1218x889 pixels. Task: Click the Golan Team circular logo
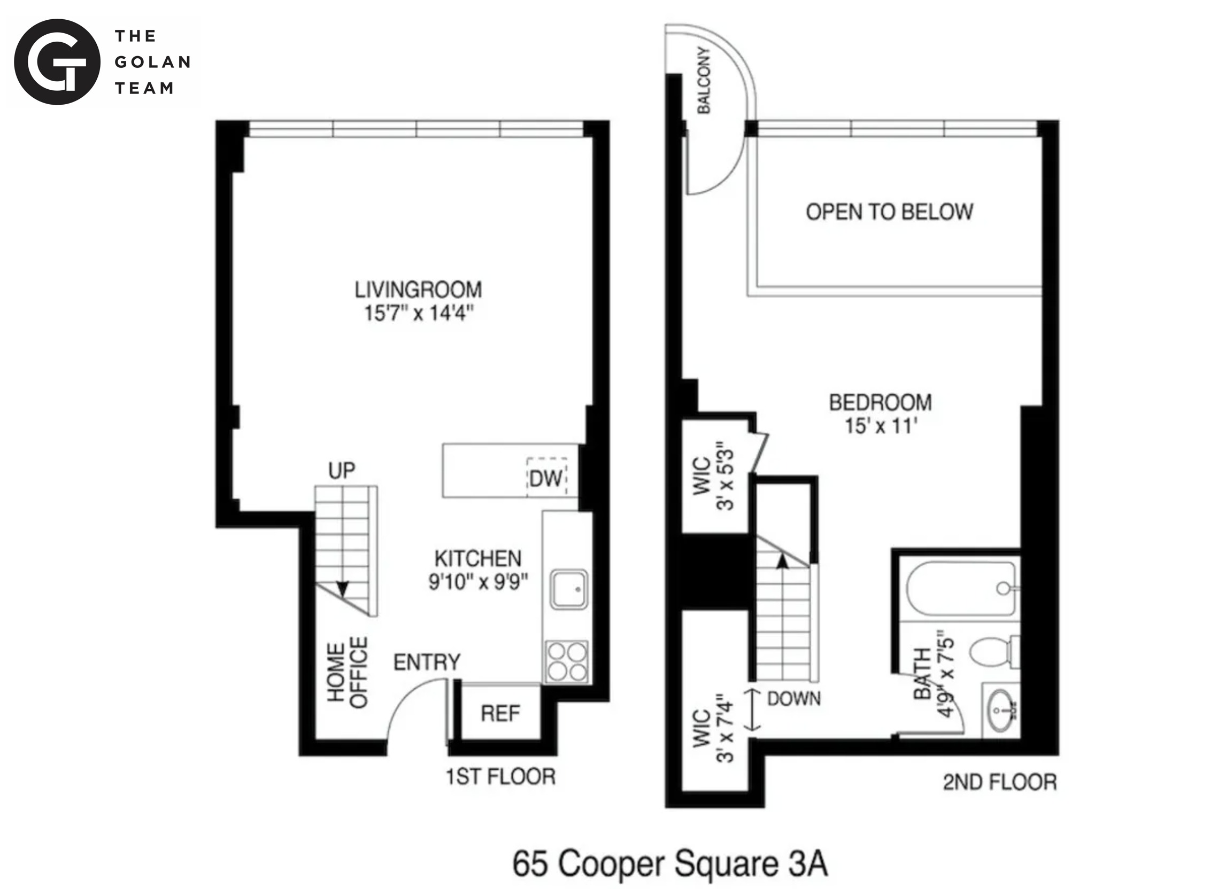tap(57, 62)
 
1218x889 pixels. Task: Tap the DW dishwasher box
tap(546, 477)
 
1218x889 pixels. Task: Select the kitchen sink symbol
tap(568, 589)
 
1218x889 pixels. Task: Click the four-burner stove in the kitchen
tap(567, 661)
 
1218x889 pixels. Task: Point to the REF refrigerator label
tap(500, 714)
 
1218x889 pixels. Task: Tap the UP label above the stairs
tap(341, 470)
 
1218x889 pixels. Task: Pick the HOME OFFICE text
tap(348, 672)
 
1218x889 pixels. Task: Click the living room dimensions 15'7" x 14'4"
tap(418, 313)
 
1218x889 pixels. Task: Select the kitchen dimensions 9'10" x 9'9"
tap(477, 582)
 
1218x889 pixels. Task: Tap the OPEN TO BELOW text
tap(889, 212)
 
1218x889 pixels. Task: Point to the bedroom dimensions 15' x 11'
tap(881, 426)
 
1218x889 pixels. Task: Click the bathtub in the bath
tap(961, 588)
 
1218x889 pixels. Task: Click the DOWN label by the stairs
tap(793, 698)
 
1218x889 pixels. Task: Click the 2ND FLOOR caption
tap(999, 783)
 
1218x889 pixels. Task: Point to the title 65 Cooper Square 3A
tap(669, 864)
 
